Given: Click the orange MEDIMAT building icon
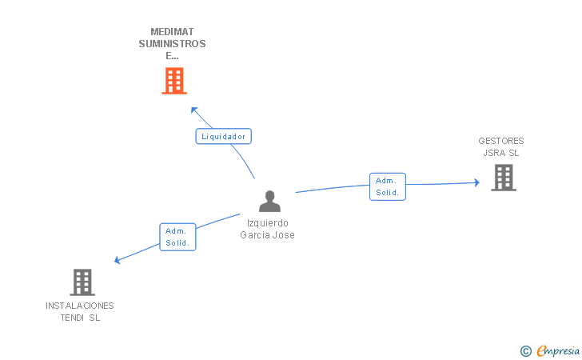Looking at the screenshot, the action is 173,81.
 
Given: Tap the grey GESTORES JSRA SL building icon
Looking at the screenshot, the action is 504,178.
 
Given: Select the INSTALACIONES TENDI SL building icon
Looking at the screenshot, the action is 82,282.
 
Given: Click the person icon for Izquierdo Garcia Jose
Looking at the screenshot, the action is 270,202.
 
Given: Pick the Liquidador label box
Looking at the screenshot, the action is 224,136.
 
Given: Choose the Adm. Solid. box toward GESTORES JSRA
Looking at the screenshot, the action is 388,186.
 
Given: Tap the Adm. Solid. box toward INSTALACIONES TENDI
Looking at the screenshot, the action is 177,237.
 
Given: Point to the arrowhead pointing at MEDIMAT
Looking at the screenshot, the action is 193,109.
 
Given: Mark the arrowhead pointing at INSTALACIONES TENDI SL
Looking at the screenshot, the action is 118,260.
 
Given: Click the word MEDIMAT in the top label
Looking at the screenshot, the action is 172,32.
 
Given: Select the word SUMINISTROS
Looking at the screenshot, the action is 172,44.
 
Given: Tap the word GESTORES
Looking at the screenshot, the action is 501,141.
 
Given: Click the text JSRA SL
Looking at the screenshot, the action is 501,153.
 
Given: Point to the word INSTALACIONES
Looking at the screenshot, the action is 80,306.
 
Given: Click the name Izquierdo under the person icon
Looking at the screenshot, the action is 268,223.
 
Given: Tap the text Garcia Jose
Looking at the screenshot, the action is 268,235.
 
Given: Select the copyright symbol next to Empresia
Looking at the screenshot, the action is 526,350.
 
